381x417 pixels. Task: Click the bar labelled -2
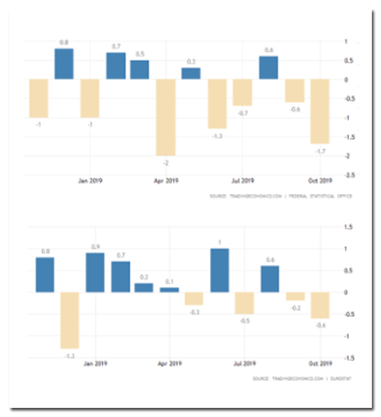(166, 117)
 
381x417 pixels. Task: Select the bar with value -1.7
(320, 111)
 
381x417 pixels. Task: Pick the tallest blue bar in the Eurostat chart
(220, 270)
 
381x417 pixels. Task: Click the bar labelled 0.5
(140, 69)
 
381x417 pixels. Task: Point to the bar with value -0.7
(243, 92)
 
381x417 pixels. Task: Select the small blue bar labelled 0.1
(169, 289)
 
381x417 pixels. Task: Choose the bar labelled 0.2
(144, 288)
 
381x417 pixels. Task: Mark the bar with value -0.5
(244, 303)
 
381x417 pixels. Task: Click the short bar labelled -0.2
(295, 296)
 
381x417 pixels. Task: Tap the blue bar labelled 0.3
(191, 73)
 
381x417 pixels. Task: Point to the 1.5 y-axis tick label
(347, 227)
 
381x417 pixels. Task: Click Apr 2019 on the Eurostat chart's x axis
(169, 364)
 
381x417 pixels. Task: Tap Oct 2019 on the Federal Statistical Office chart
(319, 180)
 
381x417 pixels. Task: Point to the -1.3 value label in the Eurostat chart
(70, 356)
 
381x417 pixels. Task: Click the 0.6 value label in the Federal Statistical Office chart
(269, 50)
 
